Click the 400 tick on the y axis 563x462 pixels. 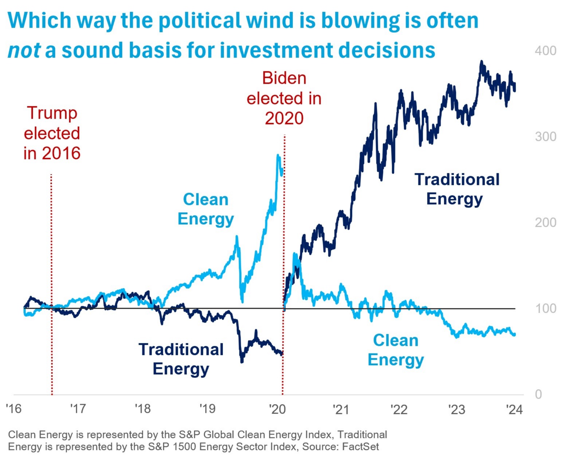[x=545, y=51]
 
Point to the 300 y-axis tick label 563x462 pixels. [x=545, y=137]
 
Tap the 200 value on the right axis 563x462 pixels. [x=545, y=222]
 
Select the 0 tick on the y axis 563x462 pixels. [x=538, y=394]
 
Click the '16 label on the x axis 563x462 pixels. [x=14, y=409]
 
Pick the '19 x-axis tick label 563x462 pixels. [x=207, y=409]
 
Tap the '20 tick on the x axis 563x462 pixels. [x=277, y=409]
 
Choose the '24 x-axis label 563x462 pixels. [x=515, y=409]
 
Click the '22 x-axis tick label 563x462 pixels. [x=399, y=409]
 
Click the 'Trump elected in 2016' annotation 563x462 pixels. [x=52, y=133]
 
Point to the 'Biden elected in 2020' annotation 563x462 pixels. [x=284, y=98]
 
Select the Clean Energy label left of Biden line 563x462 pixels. [x=206, y=209]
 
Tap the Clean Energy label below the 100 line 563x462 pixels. [x=396, y=350]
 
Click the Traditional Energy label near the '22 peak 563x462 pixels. [x=457, y=189]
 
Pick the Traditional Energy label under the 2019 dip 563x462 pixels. [x=181, y=359]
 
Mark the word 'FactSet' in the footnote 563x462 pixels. [x=360, y=446]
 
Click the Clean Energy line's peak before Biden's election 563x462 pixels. [x=278, y=156]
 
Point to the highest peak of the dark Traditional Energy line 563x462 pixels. [x=481, y=62]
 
